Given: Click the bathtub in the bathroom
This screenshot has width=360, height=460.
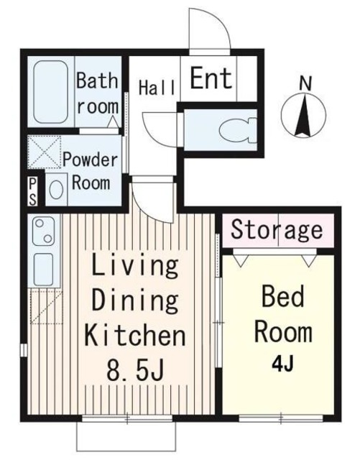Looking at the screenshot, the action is pos(50,91).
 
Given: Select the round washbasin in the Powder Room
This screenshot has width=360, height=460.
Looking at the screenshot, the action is pos(56,189).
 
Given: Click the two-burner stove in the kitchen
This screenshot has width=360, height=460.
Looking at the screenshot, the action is pos(43,231).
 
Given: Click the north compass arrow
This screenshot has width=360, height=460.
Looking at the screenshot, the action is pos(304,115).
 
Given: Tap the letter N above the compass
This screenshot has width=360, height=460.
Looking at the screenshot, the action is pos(305,83).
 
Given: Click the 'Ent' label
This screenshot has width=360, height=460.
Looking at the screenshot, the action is pos(211,78).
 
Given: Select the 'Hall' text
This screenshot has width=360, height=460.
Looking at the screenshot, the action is pos(157,87).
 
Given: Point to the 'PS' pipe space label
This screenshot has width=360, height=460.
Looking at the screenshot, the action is pos(33,192).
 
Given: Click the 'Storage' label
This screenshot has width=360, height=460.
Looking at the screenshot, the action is pos(277,231).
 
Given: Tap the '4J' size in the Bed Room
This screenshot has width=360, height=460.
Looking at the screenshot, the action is pos(282,364).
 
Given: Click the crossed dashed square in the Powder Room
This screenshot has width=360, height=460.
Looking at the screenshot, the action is pos(45,152).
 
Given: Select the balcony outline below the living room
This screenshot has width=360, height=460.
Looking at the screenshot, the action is pos(126,436).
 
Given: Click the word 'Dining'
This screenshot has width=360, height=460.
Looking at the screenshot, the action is pos(135,300).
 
